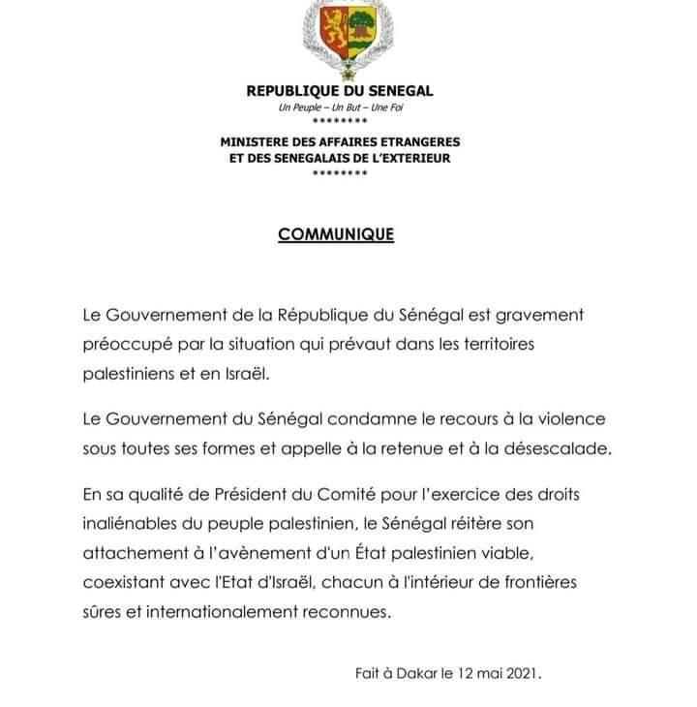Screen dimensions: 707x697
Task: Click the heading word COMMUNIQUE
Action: tap(336, 234)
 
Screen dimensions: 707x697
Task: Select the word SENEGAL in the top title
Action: tap(400, 91)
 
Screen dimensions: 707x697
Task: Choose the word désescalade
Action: tap(553, 447)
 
